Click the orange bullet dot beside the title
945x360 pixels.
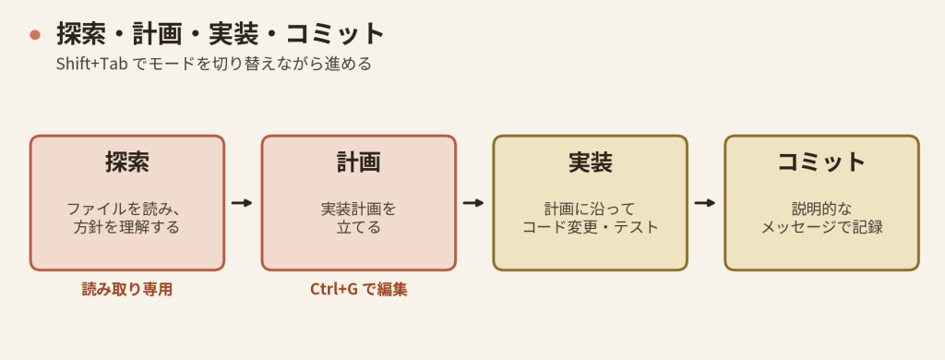35,34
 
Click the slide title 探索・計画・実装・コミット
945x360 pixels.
221,34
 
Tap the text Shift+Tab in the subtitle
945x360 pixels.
91,64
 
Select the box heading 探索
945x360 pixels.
127,162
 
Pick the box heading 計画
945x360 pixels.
359,162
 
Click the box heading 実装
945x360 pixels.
590,162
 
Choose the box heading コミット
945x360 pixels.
821,162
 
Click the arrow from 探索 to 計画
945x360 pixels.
243,202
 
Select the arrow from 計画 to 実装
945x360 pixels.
473,202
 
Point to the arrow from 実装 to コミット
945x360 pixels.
705,202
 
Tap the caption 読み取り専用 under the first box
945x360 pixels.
127,290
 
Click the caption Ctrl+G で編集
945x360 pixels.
359,290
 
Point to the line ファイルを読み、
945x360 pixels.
124,210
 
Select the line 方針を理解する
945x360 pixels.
127,227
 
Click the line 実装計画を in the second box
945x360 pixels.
359,210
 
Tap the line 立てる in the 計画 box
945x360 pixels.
359,227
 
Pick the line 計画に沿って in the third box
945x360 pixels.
590,210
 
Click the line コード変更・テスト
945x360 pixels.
590,227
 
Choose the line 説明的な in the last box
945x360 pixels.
821,210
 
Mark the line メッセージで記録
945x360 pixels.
821,227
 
